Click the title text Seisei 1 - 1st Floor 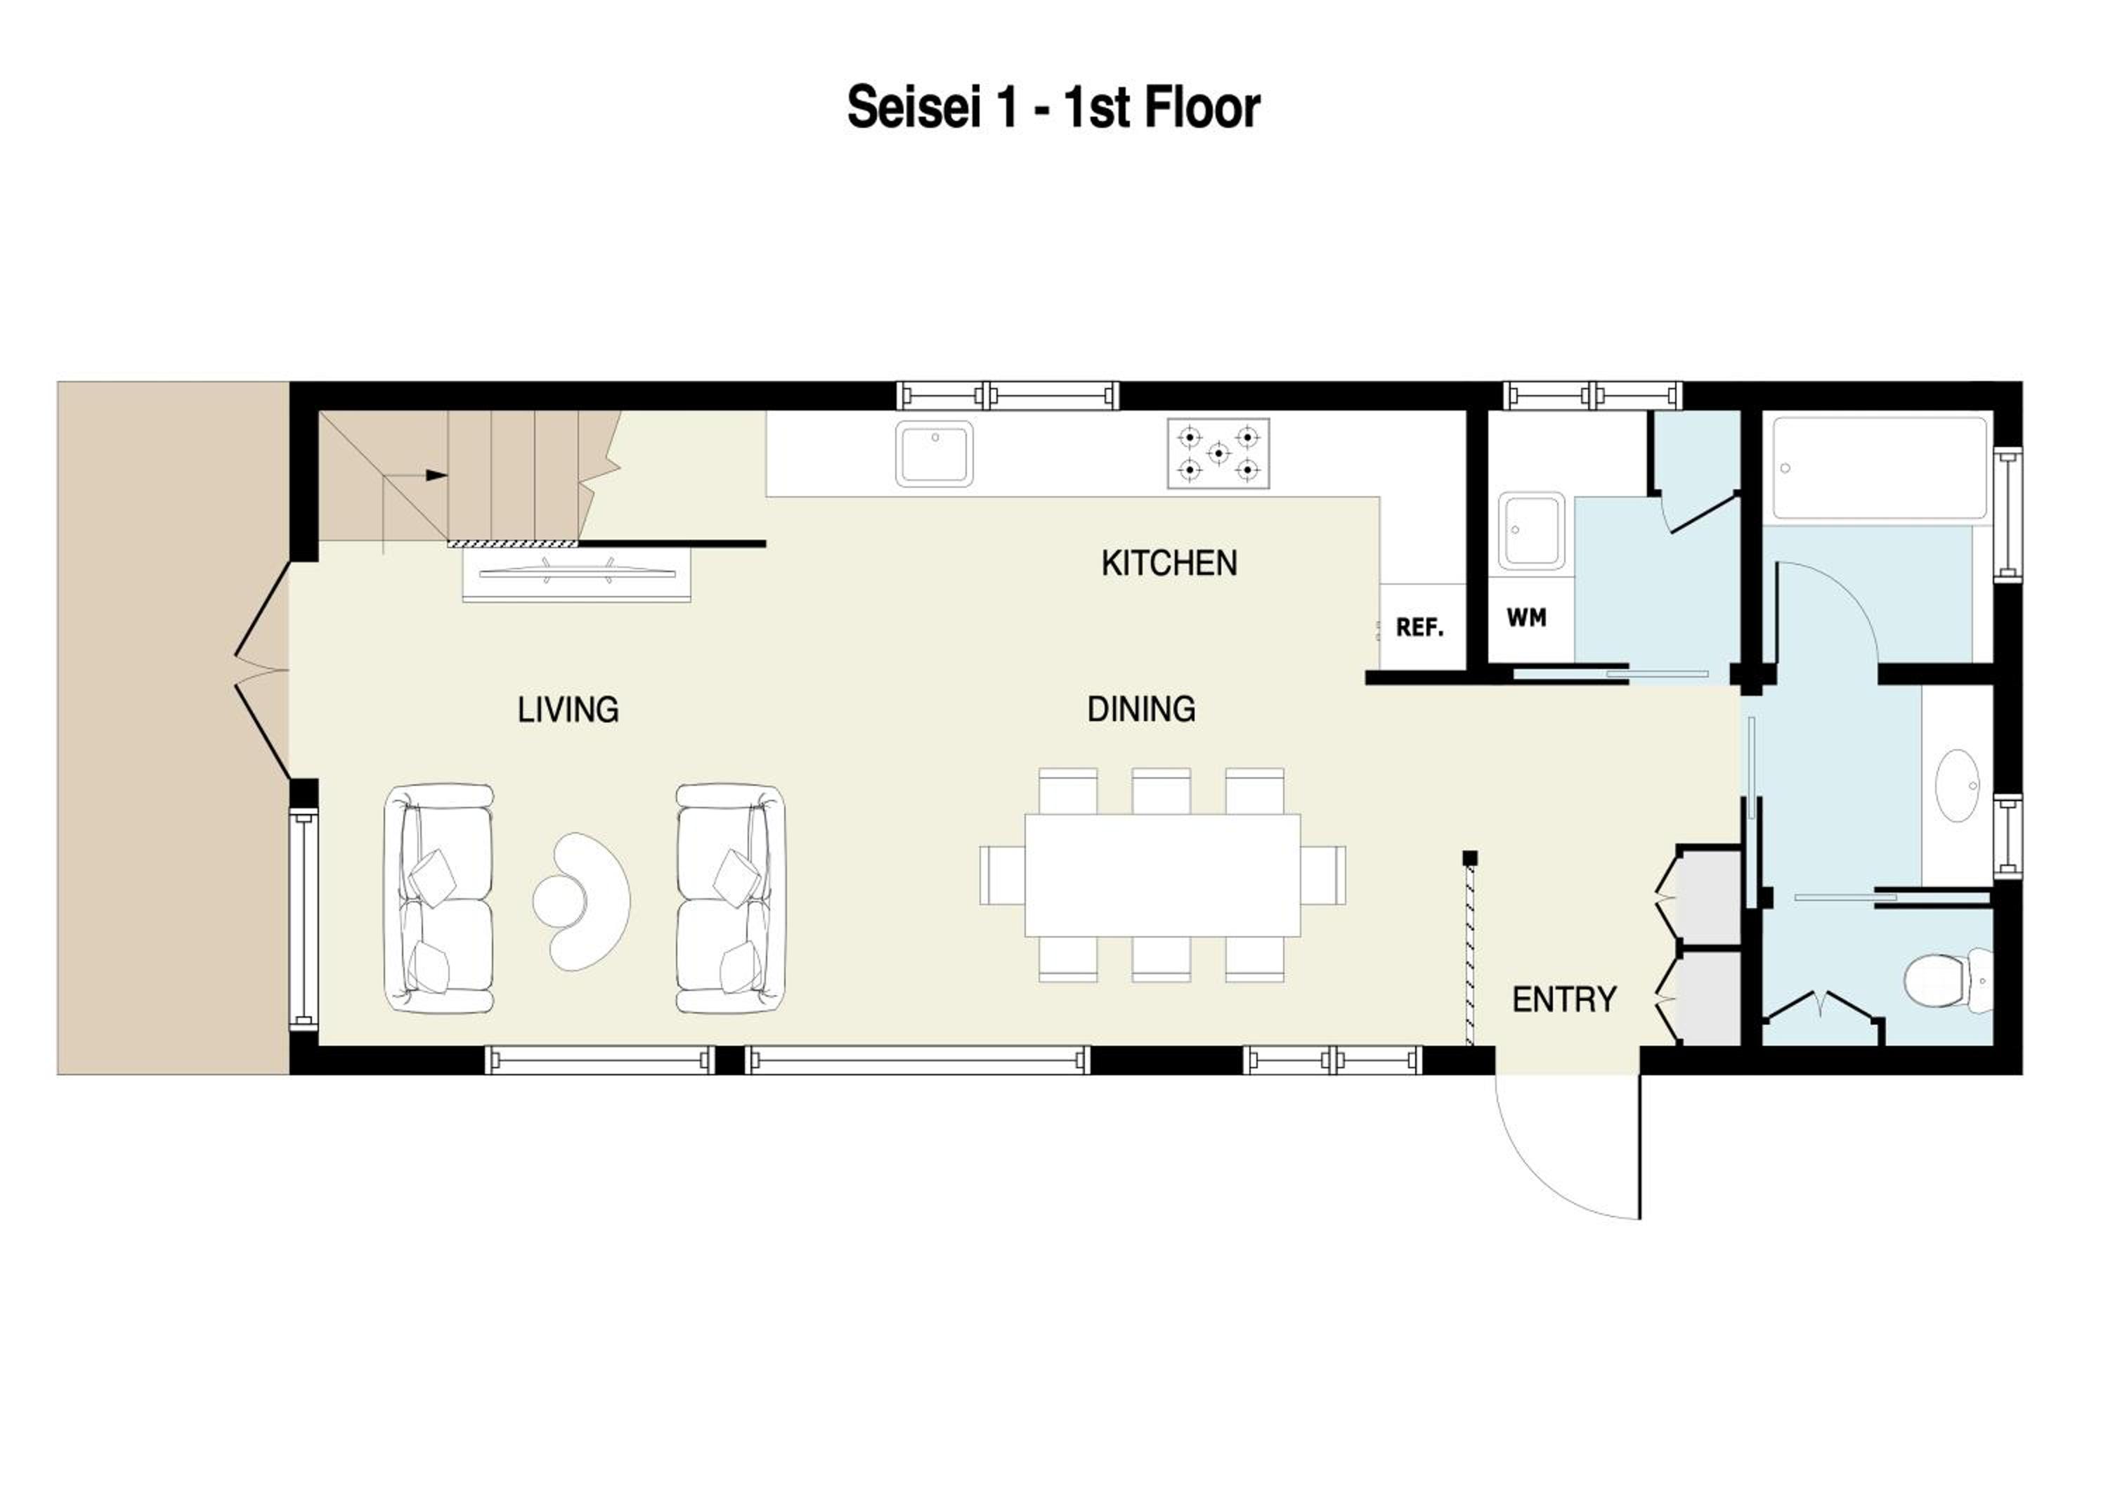pos(1053,108)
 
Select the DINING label pos(1141,708)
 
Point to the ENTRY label pos(1563,999)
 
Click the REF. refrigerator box pos(1422,627)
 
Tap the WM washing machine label pos(1526,618)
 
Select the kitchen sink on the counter pos(935,453)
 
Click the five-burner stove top pos(1218,453)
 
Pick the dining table pos(1162,875)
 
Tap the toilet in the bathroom pos(1947,980)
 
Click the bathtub pos(1881,468)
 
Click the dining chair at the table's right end pos(1323,875)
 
